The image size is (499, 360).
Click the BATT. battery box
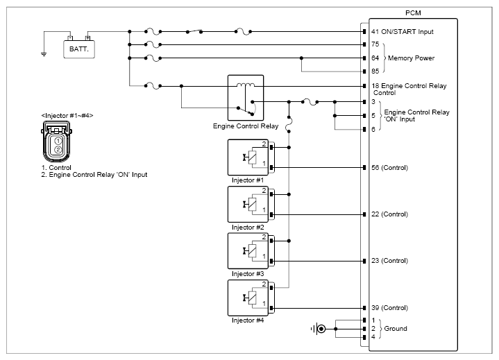(79, 49)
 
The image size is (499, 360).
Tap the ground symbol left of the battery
(44, 54)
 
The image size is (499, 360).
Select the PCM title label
(413, 13)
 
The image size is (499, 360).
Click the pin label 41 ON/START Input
(403, 32)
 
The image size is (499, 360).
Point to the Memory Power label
(411, 58)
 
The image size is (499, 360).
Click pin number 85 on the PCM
(375, 71)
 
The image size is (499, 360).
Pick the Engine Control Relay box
(246, 98)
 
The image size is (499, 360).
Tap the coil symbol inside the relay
(246, 85)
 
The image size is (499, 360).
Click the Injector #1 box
(248, 157)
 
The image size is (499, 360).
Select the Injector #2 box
(248, 204)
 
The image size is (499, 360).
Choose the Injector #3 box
(248, 251)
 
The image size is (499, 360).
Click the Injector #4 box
(248, 298)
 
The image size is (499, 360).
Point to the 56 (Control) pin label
(389, 168)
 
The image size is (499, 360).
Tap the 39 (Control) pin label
(389, 308)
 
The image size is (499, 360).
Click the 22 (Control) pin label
(389, 214)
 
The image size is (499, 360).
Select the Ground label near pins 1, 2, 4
(396, 329)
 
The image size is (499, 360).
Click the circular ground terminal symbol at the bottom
(321, 329)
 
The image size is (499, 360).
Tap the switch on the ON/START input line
(194, 31)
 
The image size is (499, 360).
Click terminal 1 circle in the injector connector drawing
(58, 141)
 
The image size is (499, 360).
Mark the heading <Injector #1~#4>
(67, 115)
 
